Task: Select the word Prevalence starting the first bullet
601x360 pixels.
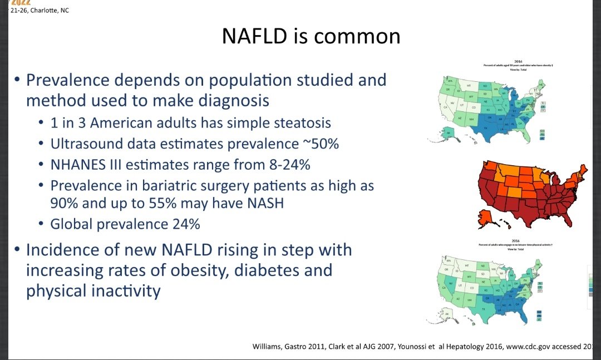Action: (67, 80)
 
